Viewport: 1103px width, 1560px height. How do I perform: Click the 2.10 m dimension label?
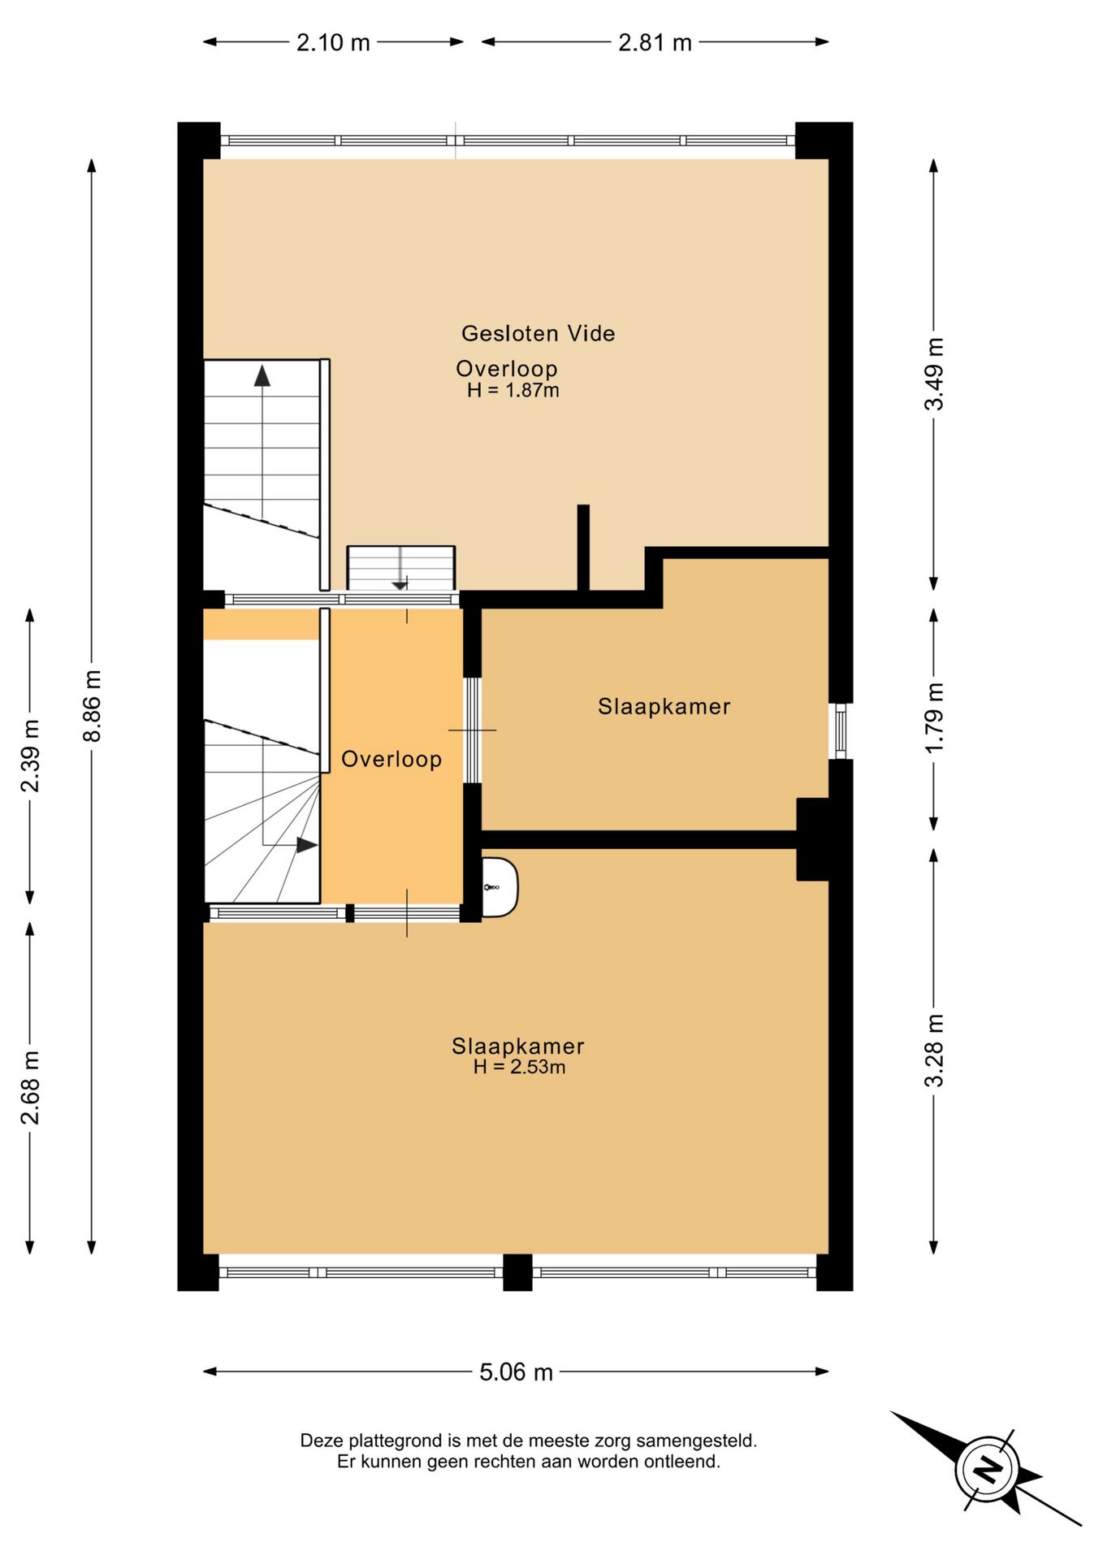point(333,42)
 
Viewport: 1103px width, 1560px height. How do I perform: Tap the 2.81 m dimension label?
point(655,42)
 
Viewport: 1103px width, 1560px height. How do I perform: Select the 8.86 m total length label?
point(92,705)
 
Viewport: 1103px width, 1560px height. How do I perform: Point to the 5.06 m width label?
point(516,1372)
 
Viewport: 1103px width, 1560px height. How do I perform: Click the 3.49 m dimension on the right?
point(934,374)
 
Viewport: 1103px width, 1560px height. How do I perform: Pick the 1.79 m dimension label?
point(934,717)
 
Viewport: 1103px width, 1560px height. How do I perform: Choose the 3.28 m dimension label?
point(934,1051)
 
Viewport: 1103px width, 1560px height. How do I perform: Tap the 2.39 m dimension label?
point(30,756)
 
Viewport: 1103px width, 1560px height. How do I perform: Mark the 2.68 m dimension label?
point(30,1087)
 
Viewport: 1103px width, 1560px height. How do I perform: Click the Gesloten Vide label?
point(538,333)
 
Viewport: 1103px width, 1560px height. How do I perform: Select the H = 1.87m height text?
point(513,391)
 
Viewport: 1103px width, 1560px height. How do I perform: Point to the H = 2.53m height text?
point(519,1068)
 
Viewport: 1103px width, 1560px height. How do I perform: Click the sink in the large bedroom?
point(499,887)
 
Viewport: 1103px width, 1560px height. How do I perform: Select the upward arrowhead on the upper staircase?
point(262,375)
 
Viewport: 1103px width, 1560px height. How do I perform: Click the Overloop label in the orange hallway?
point(391,759)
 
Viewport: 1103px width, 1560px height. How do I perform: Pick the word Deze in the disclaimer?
point(322,1441)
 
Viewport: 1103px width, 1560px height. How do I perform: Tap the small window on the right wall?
point(841,731)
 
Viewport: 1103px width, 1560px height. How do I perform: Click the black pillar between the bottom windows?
point(517,1272)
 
